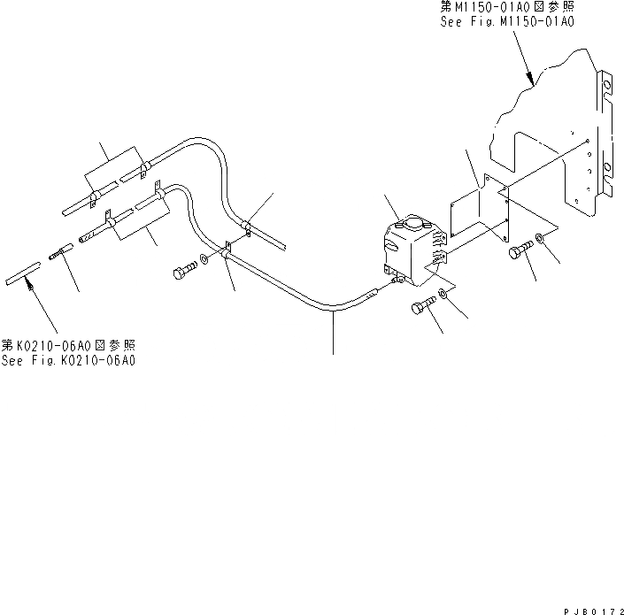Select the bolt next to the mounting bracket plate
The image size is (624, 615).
pyautogui.click(x=520, y=252)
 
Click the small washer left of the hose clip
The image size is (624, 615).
pyautogui.click(x=205, y=260)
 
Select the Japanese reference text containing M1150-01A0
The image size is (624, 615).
pyautogui.click(x=507, y=6)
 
